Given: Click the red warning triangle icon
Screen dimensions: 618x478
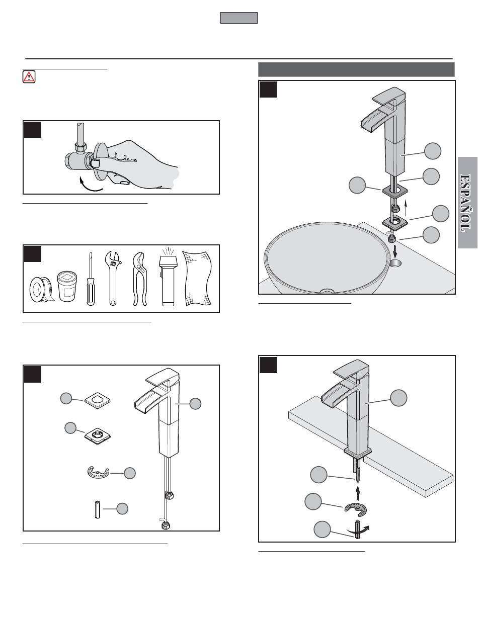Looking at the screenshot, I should click(29, 76).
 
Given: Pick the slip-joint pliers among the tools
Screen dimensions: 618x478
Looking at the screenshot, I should click(138, 278).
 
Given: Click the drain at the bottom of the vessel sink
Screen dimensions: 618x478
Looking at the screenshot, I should click(327, 291).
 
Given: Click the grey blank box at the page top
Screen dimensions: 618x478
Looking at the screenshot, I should click(239, 18).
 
